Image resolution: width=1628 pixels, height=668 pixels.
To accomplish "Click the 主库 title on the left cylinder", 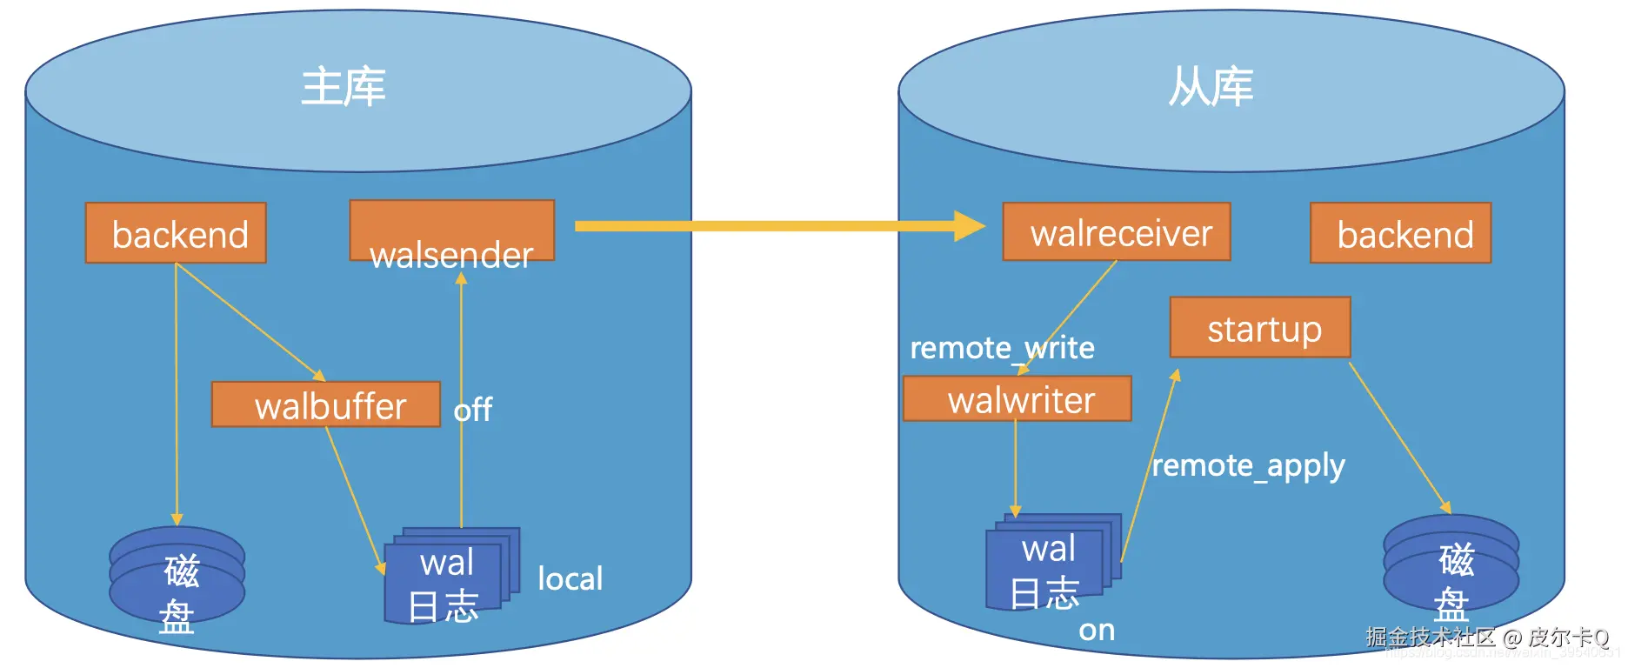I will point(344,88).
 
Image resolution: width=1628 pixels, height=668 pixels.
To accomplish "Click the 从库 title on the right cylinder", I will point(1211,88).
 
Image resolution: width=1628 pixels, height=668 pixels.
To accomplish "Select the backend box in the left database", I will point(176,233).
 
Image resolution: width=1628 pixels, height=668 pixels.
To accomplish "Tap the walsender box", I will point(451,231).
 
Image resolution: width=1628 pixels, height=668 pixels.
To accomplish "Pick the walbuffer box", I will point(326,404).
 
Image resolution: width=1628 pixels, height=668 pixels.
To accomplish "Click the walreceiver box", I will point(1117,232).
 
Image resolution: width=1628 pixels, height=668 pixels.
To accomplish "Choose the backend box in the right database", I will point(1400,233).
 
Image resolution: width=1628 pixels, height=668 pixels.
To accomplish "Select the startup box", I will point(1260,328).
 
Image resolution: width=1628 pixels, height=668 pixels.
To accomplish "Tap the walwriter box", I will point(1017,399).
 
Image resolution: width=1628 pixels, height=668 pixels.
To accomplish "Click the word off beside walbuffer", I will point(473,410).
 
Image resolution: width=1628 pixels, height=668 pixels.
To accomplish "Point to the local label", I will point(570,579).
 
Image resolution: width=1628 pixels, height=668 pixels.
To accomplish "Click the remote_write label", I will point(1002,348).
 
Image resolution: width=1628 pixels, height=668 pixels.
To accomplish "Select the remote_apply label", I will point(1248,466).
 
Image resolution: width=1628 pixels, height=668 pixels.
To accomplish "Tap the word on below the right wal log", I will point(1097,630).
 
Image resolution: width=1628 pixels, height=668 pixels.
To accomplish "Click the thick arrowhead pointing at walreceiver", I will point(969,226).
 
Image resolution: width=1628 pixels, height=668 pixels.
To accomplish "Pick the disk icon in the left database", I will point(177,575).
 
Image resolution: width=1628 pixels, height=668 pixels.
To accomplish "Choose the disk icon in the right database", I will point(1451,564).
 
